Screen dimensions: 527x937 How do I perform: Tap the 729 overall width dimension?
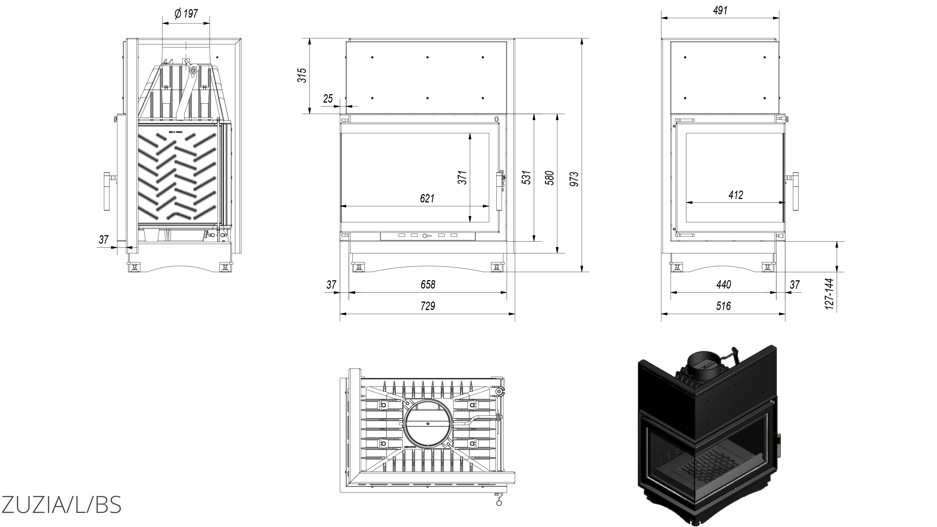tap(428, 306)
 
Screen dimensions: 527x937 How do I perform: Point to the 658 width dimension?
tap(428, 284)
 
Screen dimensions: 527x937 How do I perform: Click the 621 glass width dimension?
tap(427, 198)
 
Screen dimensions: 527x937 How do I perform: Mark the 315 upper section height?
tap(302, 75)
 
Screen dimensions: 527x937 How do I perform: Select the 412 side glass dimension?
tap(735, 195)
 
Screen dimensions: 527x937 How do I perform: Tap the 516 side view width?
tap(723, 306)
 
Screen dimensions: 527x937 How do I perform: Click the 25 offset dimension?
tap(328, 99)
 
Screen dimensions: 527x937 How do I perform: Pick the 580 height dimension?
tap(550, 178)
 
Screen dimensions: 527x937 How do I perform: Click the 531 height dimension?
tap(527, 178)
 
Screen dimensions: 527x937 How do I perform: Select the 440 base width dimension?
tap(723, 284)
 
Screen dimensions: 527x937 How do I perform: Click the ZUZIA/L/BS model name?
tap(61, 504)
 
